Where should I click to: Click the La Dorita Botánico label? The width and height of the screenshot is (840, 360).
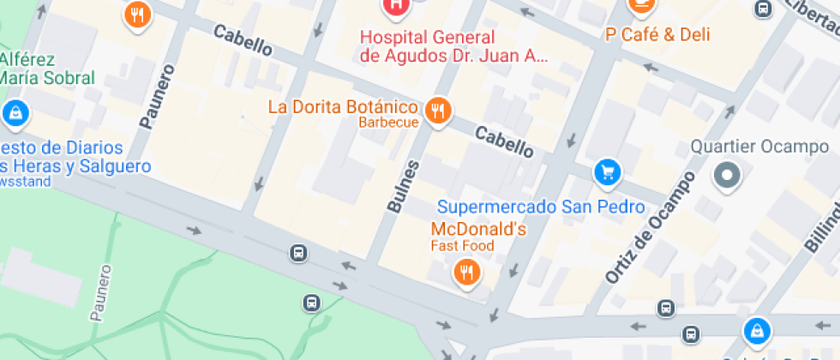click(x=343, y=107)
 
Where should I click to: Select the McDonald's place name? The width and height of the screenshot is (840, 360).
click(x=477, y=229)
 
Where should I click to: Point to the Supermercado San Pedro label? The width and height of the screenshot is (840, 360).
click(x=540, y=207)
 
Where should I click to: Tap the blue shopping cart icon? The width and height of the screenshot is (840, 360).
click(x=607, y=172)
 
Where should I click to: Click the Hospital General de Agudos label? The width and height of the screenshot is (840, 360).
click(x=453, y=46)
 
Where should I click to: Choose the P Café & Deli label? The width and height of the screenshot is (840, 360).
click(x=657, y=35)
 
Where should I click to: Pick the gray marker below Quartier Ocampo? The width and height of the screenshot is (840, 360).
click(x=728, y=176)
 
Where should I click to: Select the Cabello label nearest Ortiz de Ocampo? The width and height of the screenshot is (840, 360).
click(x=504, y=141)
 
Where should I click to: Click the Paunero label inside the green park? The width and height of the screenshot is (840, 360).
click(x=101, y=292)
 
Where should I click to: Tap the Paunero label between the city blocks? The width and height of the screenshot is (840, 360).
click(x=157, y=96)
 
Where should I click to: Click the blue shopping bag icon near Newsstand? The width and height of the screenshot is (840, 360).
click(x=15, y=112)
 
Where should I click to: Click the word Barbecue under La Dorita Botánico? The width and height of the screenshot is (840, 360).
click(x=388, y=123)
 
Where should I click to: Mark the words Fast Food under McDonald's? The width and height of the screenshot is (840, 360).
click(x=462, y=246)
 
